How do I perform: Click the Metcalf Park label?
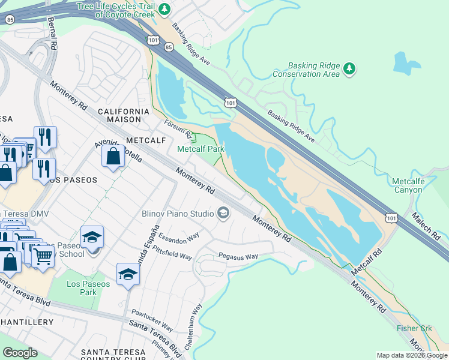(x=200, y=149)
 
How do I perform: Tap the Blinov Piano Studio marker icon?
(x=223, y=214)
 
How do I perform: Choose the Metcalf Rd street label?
(x=367, y=262)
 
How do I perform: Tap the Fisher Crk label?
(x=414, y=328)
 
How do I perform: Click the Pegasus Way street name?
(x=238, y=256)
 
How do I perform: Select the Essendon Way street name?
(x=179, y=236)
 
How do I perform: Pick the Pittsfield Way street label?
(x=172, y=253)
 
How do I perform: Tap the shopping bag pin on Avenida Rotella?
(x=113, y=158)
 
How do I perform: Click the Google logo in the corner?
(x=20, y=352)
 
